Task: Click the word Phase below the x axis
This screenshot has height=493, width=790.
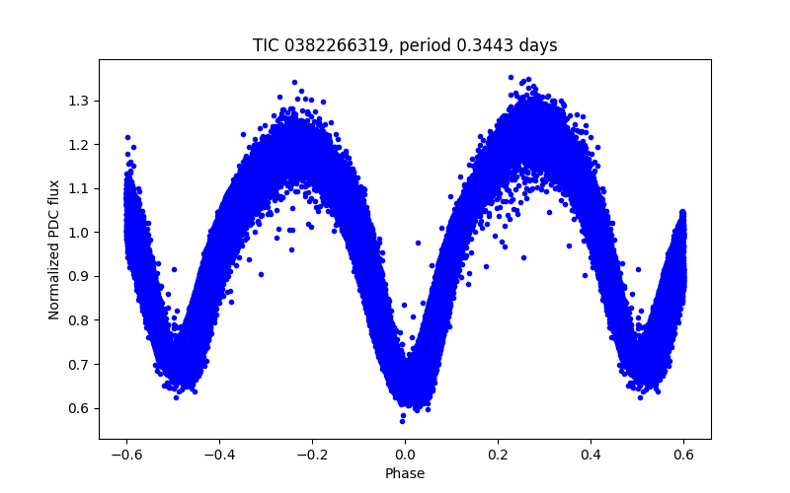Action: click(405, 474)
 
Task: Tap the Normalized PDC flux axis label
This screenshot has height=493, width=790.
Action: click(54, 249)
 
